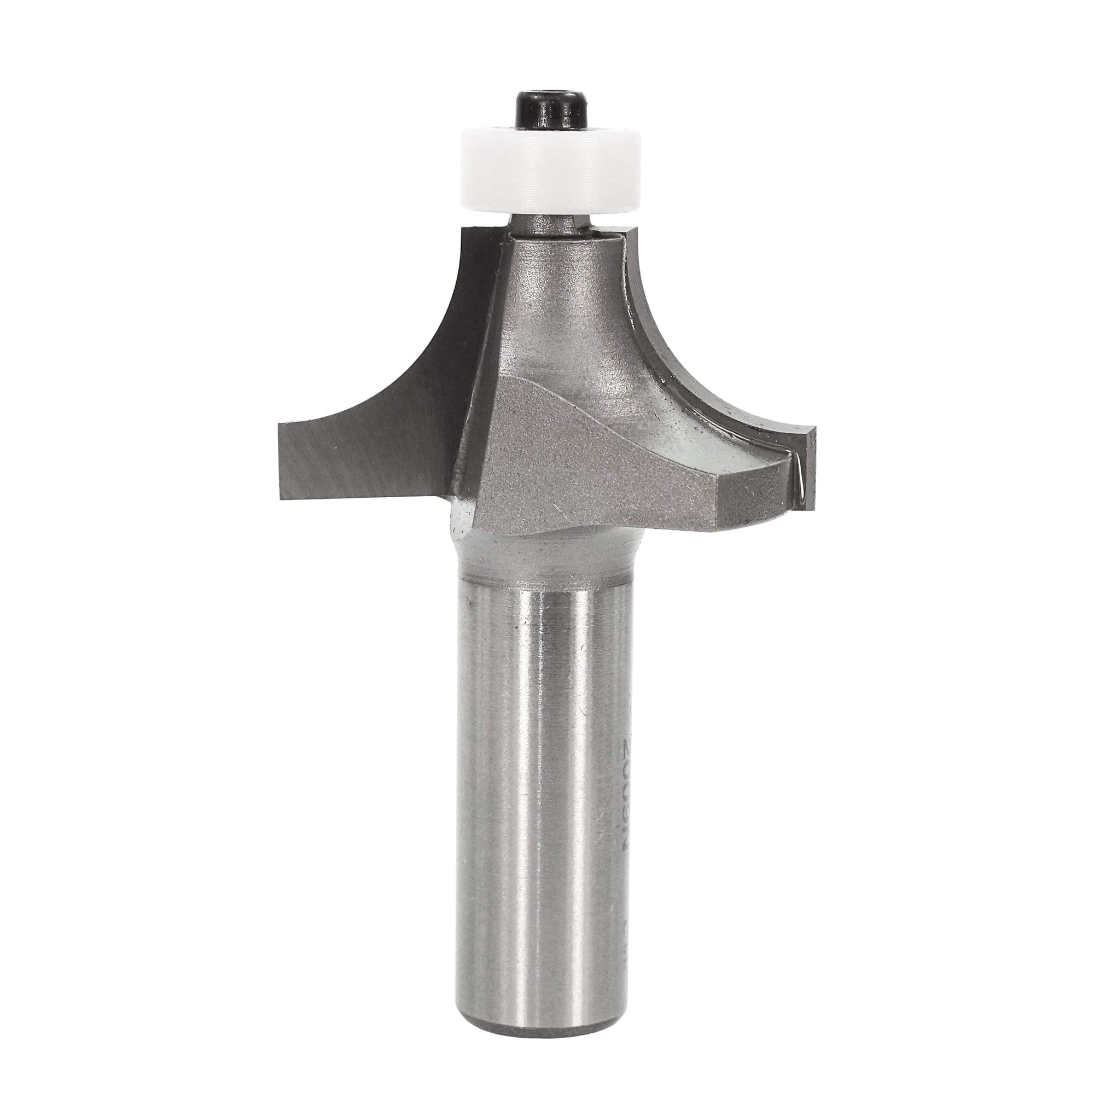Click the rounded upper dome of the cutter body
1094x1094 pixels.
[561, 294]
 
